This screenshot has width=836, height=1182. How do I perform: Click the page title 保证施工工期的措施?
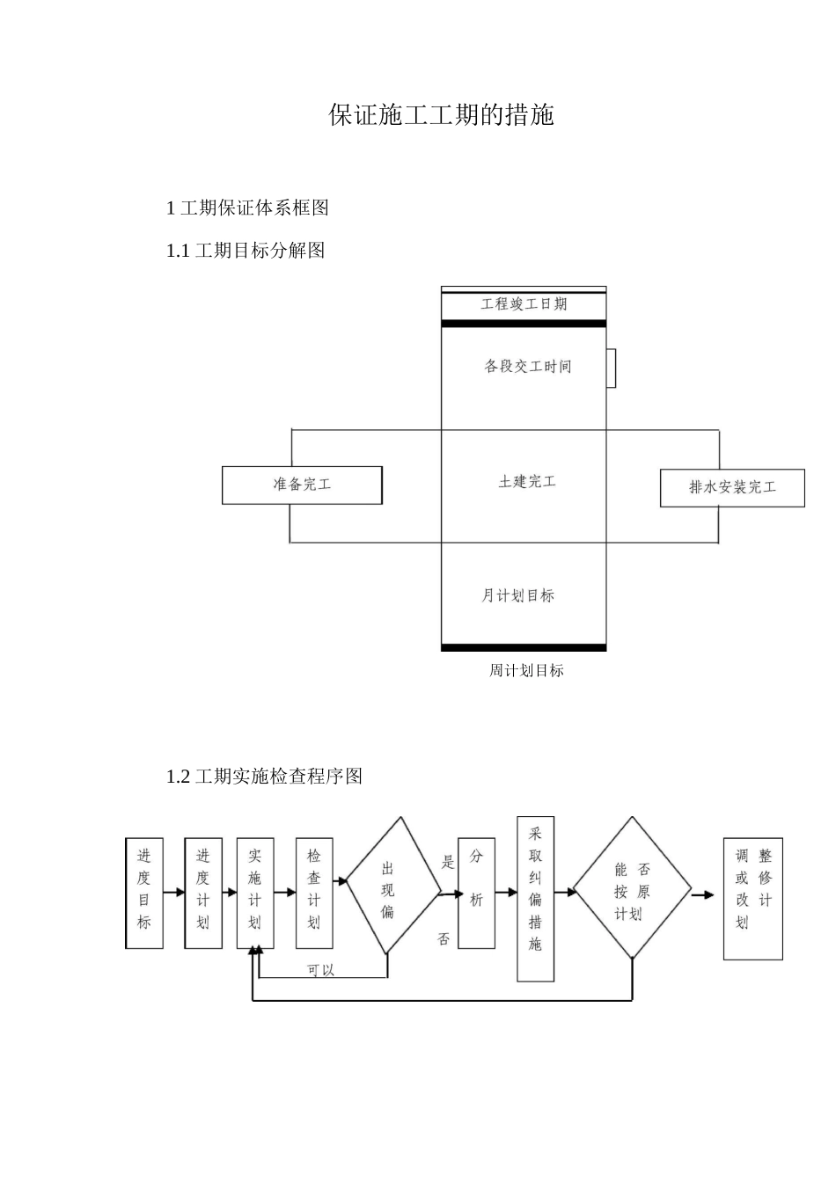click(x=441, y=115)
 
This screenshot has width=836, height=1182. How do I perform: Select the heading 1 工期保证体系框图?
click(x=247, y=208)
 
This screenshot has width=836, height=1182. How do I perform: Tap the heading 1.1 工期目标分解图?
click(x=246, y=251)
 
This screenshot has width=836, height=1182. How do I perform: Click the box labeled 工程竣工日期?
click(x=524, y=305)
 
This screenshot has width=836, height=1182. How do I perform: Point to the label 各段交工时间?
click(x=527, y=366)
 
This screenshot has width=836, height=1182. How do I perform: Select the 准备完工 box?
click(x=302, y=485)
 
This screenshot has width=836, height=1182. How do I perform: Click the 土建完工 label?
click(x=527, y=482)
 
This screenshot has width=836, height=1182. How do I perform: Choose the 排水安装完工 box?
click(x=732, y=488)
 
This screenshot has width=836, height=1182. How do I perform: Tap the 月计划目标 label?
click(x=517, y=595)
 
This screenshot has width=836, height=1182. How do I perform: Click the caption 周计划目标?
click(x=526, y=670)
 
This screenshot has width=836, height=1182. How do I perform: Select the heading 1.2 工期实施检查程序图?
click(x=264, y=777)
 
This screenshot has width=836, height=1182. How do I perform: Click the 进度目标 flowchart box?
click(x=144, y=892)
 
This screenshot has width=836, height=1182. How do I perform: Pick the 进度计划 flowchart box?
click(x=203, y=892)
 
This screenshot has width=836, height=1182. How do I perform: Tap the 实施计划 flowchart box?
click(x=255, y=892)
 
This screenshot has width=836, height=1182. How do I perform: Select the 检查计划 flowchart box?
click(x=314, y=892)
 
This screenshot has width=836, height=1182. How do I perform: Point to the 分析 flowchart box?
click(x=476, y=892)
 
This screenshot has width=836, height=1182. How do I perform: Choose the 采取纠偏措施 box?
click(x=535, y=899)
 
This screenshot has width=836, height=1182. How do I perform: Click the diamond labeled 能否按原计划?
click(x=632, y=888)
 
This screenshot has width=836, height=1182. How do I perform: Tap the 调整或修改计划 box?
click(x=752, y=898)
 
